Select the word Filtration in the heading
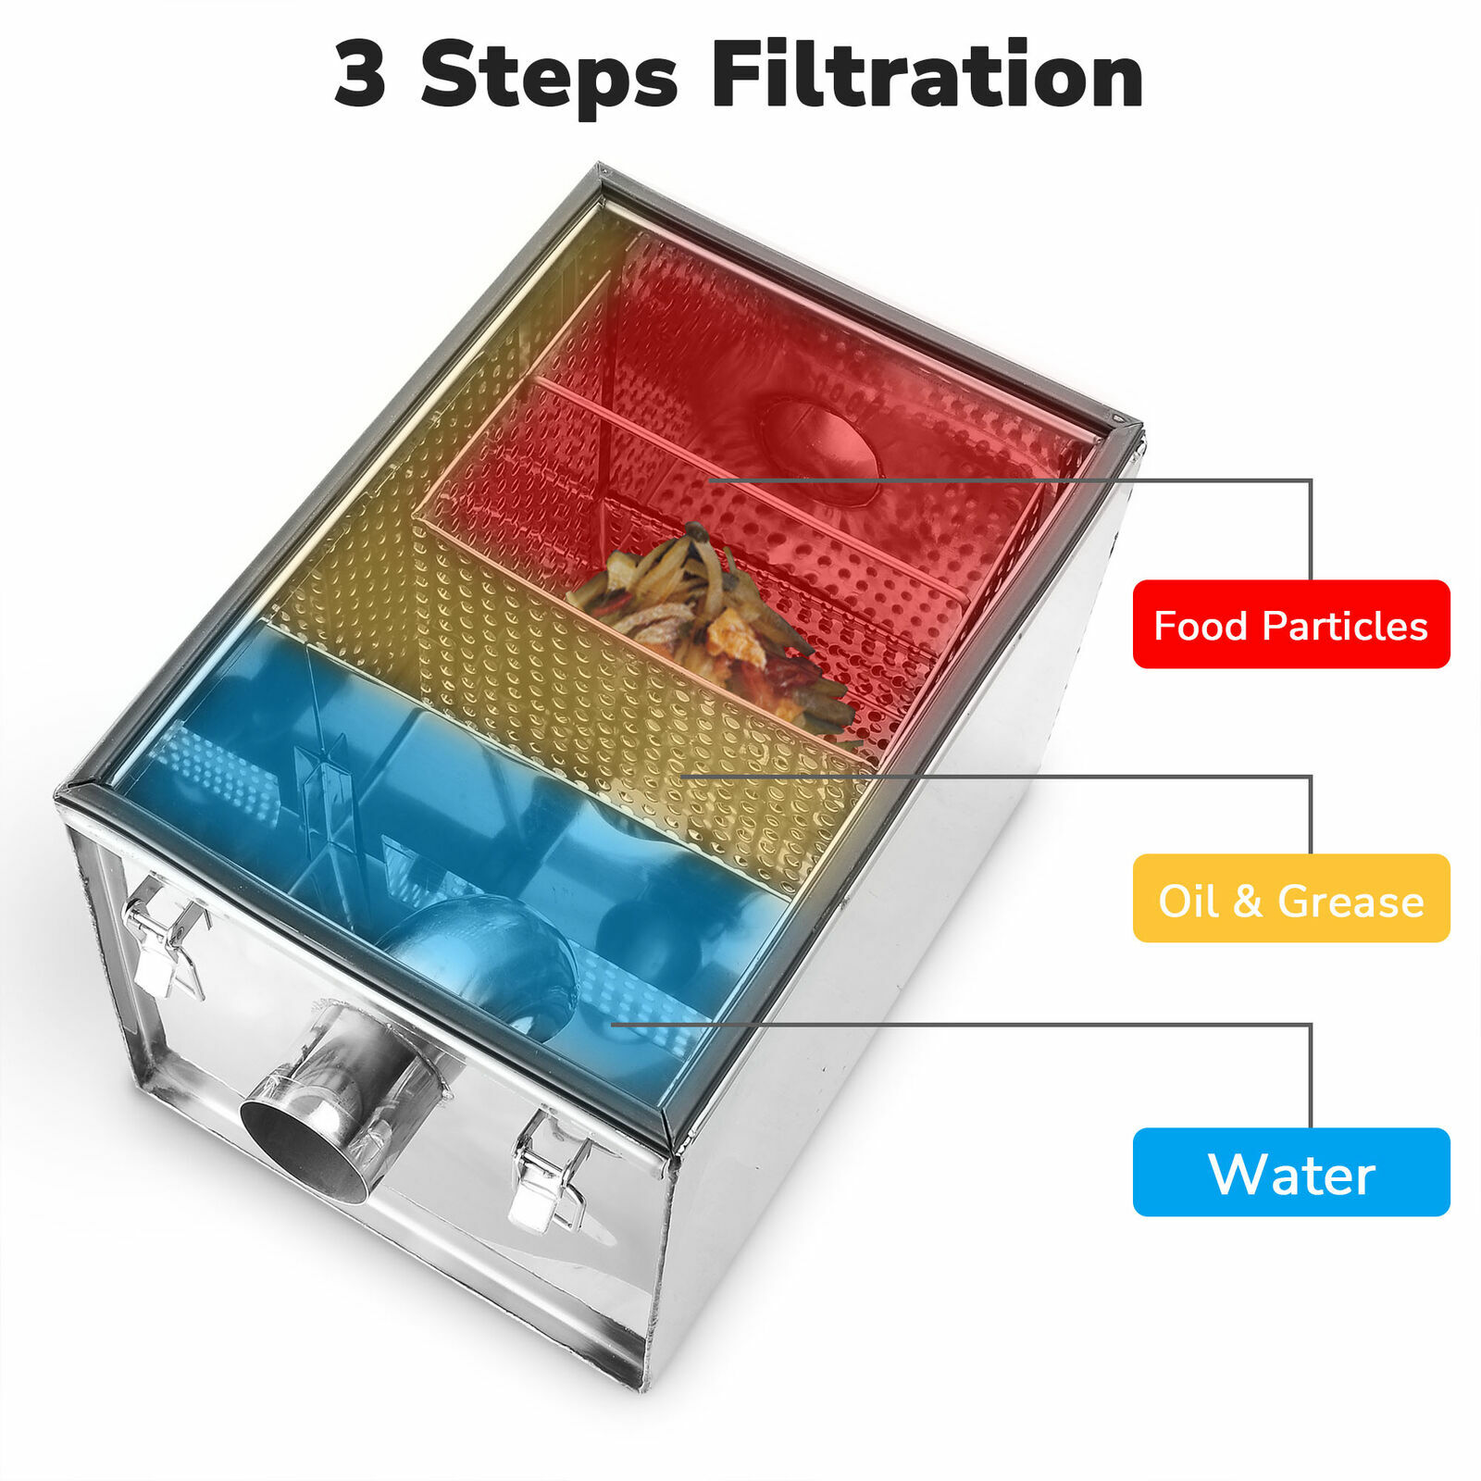(x=927, y=76)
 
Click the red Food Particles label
(x=1290, y=624)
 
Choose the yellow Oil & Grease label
(x=1290, y=898)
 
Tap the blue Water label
(x=1290, y=1173)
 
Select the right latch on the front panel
(x=550, y=1175)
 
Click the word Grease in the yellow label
(x=1350, y=901)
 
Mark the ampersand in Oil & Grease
(x=1248, y=901)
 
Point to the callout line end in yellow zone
(x=683, y=777)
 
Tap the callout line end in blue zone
(x=614, y=1024)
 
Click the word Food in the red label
(x=1201, y=627)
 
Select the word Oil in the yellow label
(x=1189, y=901)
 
